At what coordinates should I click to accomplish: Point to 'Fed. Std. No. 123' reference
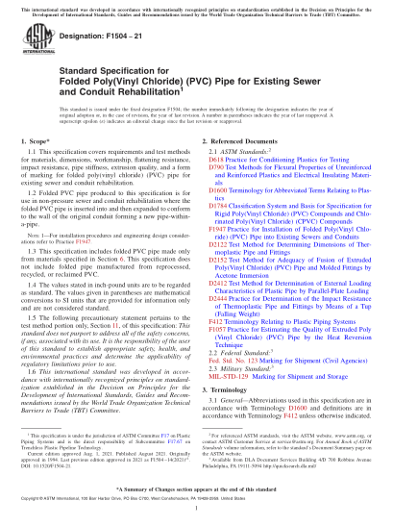[x=231, y=394]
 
